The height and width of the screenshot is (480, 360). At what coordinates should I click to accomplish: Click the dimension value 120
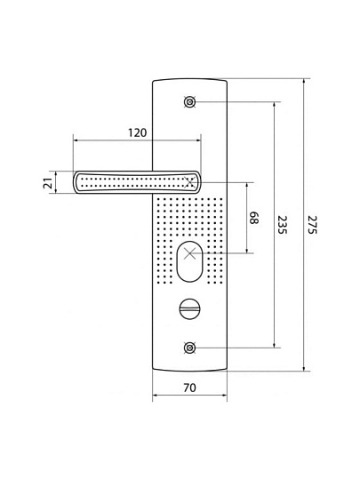click(137, 132)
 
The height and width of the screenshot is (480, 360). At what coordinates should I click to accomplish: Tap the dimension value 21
click(48, 183)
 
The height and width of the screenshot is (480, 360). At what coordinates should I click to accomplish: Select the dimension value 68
click(254, 218)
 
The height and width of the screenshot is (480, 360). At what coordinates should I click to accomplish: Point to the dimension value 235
click(282, 225)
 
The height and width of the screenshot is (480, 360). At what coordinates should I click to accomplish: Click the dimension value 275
click(312, 225)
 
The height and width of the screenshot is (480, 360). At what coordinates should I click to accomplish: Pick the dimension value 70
click(190, 388)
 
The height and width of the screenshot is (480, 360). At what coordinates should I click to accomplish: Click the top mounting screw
click(190, 101)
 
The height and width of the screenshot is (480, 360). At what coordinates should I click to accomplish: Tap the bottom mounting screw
click(190, 348)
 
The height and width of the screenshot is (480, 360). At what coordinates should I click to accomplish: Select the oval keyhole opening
click(190, 261)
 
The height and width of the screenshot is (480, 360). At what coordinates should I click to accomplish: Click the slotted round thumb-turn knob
click(190, 308)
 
